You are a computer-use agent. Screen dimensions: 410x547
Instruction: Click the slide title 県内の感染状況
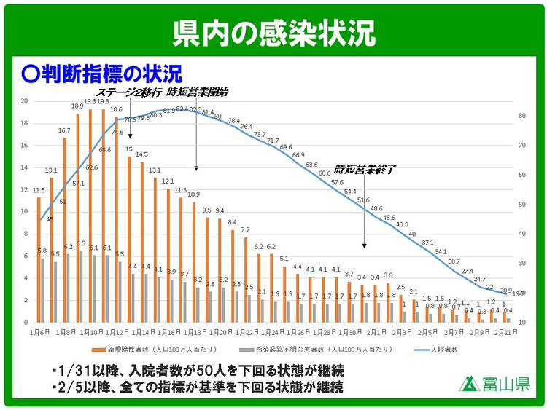[273, 31]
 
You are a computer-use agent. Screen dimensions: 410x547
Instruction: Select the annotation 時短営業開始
[198, 92]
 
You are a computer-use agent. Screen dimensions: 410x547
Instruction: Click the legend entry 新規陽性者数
[147, 350]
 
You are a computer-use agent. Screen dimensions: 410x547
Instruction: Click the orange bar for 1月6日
[39, 259]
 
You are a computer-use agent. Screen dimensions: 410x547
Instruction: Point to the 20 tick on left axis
[24, 101]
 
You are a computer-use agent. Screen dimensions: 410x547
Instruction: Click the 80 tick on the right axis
[522, 116]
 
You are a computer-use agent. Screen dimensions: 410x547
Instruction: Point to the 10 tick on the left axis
[24, 212]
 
